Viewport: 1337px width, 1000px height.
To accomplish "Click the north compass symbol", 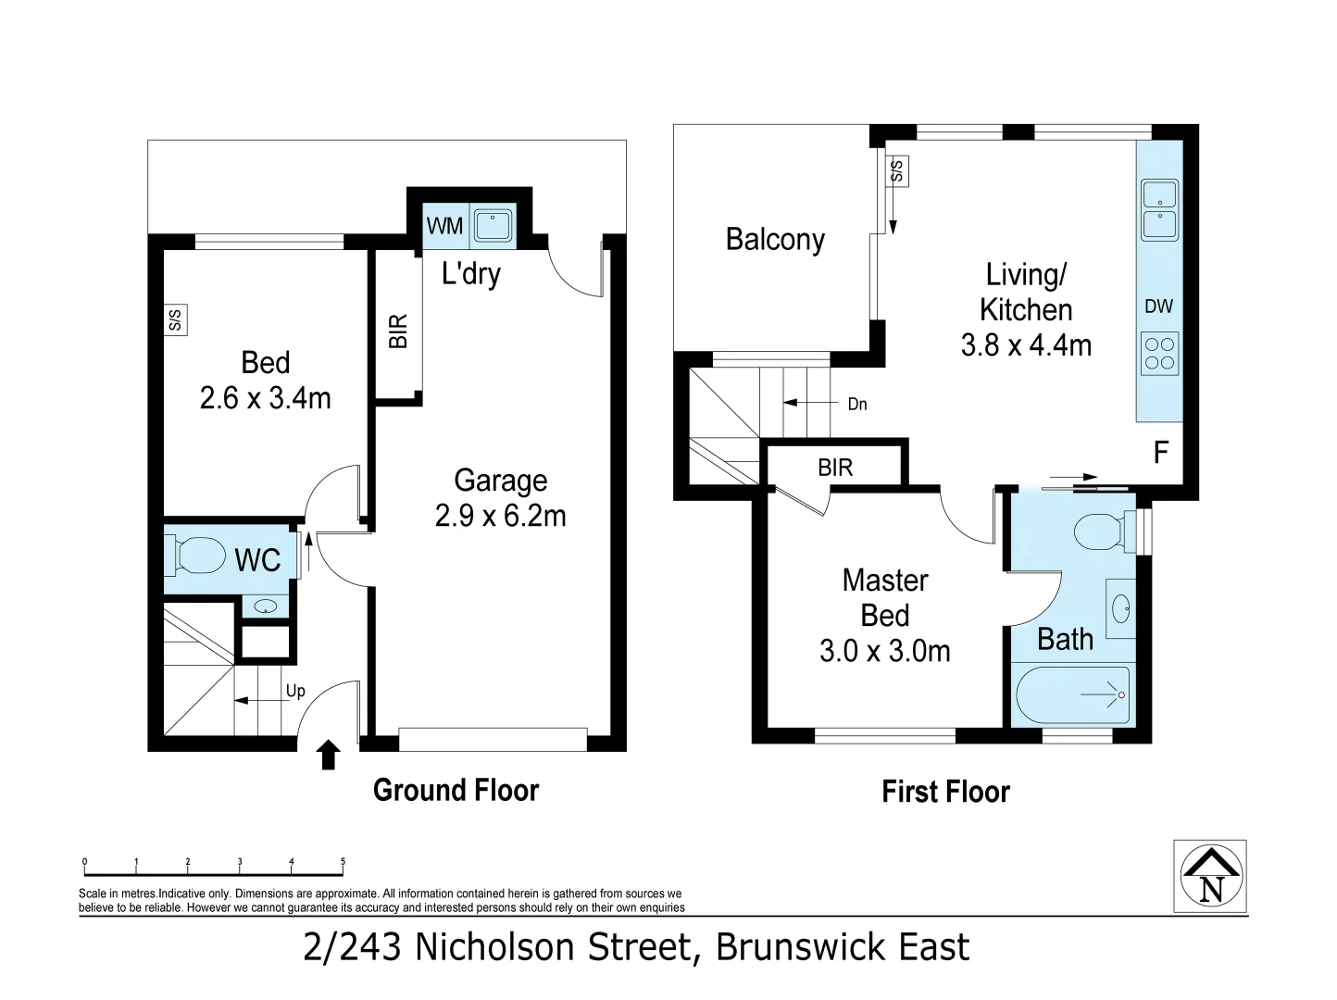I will [x=1210, y=877].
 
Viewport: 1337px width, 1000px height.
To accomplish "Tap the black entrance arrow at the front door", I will [x=327, y=755].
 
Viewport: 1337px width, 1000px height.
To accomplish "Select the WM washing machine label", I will [x=444, y=226].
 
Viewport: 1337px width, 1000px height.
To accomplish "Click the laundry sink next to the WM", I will [x=493, y=225].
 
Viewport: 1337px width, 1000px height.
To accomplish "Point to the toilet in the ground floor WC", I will [x=200, y=556].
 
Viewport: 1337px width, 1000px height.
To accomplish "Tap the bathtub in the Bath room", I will [x=1072, y=695].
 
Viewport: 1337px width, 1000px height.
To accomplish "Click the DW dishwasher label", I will [x=1158, y=306].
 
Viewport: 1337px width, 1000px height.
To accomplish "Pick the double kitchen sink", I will [x=1159, y=210].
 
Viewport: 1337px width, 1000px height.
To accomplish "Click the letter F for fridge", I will [x=1160, y=452].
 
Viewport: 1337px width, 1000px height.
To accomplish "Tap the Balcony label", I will [x=775, y=240].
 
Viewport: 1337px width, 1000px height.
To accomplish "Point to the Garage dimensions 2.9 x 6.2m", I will [x=500, y=516].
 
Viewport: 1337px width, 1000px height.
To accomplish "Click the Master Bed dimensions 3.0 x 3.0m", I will [x=884, y=651].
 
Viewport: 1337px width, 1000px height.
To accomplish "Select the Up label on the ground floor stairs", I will [x=295, y=691].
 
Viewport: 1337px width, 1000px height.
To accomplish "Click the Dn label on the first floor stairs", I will [x=857, y=404].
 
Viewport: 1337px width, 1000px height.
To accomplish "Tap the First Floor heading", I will [x=945, y=792].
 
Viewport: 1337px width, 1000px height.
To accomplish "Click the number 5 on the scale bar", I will [x=343, y=862].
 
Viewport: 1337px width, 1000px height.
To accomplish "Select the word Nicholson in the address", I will [x=553, y=948].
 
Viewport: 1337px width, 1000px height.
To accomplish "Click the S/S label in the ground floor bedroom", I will [x=175, y=320].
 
